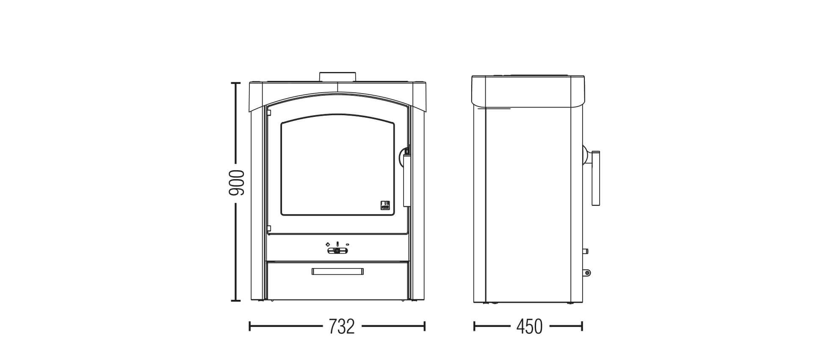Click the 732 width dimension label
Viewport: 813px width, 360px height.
tap(341, 326)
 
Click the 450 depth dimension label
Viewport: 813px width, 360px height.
tap(529, 326)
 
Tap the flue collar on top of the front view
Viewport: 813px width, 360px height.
tap(337, 77)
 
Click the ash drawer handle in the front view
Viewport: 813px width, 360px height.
tap(337, 271)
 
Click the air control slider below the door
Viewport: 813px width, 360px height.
tap(337, 251)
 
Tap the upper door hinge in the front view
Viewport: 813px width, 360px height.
tap(268, 113)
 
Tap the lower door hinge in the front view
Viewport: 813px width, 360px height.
tap(268, 229)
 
